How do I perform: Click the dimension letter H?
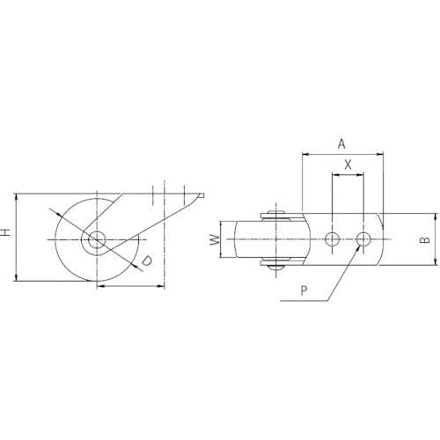point(6,232)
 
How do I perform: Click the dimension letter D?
point(147,260)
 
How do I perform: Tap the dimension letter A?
point(341,144)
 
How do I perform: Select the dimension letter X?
point(348,165)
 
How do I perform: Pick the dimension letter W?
point(215,240)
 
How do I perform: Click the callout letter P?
point(304,290)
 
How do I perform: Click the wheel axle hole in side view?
point(97,239)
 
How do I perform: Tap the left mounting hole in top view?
point(333,239)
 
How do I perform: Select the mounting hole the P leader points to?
point(363,239)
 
